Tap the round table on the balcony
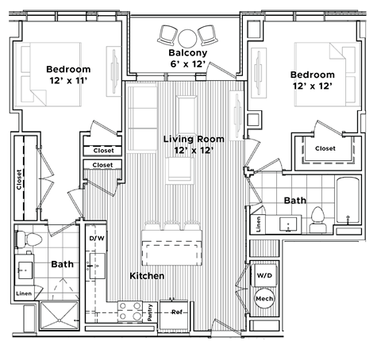click(x=187, y=36)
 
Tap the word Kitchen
click(x=147, y=276)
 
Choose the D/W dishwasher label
click(x=97, y=238)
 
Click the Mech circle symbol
click(x=264, y=299)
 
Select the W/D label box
click(x=264, y=275)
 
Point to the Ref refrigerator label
click(x=178, y=312)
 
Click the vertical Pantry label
click(x=150, y=311)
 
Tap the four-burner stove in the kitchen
click(x=129, y=312)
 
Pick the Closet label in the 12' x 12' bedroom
click(x=325, y=148)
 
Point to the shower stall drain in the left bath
click(x=55, y=320)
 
